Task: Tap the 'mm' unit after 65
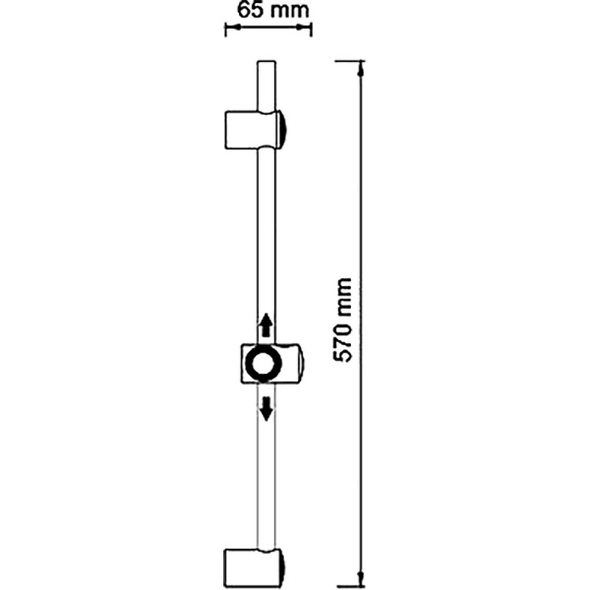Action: point(290,12)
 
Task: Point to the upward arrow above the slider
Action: point(266,324)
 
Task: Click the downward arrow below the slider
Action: point(266,409)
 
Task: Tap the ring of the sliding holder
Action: point(263,363)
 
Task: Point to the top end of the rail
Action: point(266,61)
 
